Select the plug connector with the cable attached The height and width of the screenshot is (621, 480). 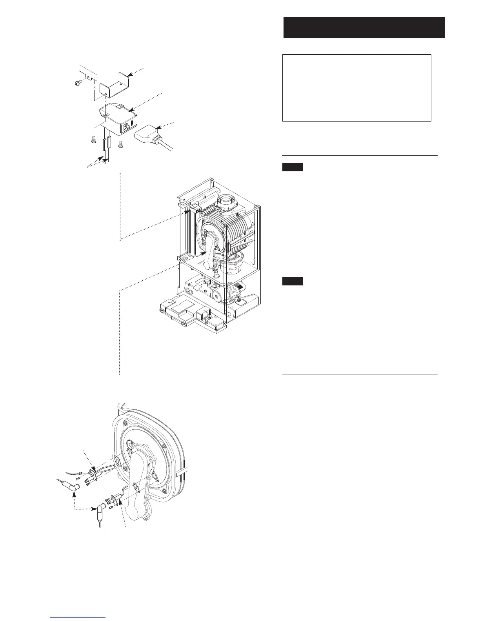click(x=149, y=135)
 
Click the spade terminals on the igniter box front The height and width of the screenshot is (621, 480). click(x=127, y=127)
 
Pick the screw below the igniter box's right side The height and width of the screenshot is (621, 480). click(x=122, y=143)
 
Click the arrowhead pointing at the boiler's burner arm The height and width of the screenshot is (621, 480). click(x=204, y=253)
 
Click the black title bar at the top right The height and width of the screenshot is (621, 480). click(x=364, y=27)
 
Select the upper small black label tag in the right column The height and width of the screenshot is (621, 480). click(x=293, y=168)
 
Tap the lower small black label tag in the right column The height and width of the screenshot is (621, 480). click(x=293, y=281)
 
